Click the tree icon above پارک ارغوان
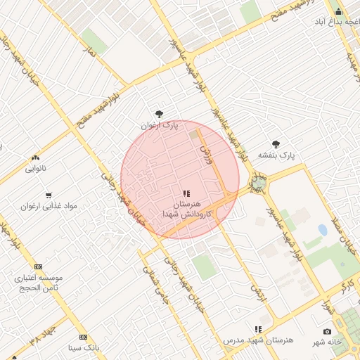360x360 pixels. coord(160,113)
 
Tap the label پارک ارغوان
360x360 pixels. coord(160,125)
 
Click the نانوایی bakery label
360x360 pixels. coord(36,169)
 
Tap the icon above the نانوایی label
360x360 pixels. coord(36,157)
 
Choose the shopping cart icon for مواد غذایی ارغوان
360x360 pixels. coord(49,195)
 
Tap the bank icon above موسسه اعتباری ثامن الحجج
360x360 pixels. coord(38,267)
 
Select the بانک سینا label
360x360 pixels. coord(84,348)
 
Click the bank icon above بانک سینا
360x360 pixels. coord(84,337)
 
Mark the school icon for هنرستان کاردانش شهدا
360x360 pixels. coord(186,193)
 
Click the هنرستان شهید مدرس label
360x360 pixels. coord(258,340)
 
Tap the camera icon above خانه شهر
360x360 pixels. coord(327,331)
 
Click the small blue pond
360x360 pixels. coord(322,230)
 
